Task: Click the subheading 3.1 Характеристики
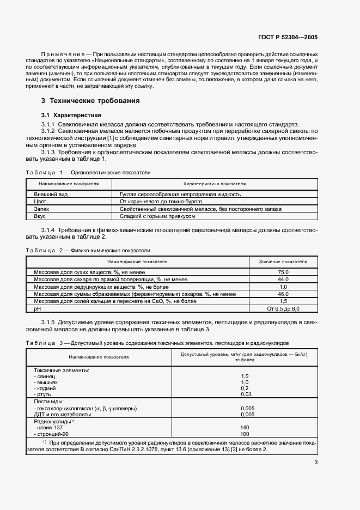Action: point(71,116)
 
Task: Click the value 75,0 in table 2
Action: point(283,271)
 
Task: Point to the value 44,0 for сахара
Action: point(283,279)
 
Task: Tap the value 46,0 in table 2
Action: point(283,294)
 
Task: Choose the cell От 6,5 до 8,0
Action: point(283,308)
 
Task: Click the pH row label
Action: point(38,308)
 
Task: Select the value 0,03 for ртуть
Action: point(246,394)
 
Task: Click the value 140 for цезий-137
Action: point(245,428)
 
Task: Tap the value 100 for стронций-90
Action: point(245,434)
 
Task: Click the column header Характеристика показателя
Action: point(215,184)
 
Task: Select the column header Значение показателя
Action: point(283,262)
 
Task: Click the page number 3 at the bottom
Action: point(316,463)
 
